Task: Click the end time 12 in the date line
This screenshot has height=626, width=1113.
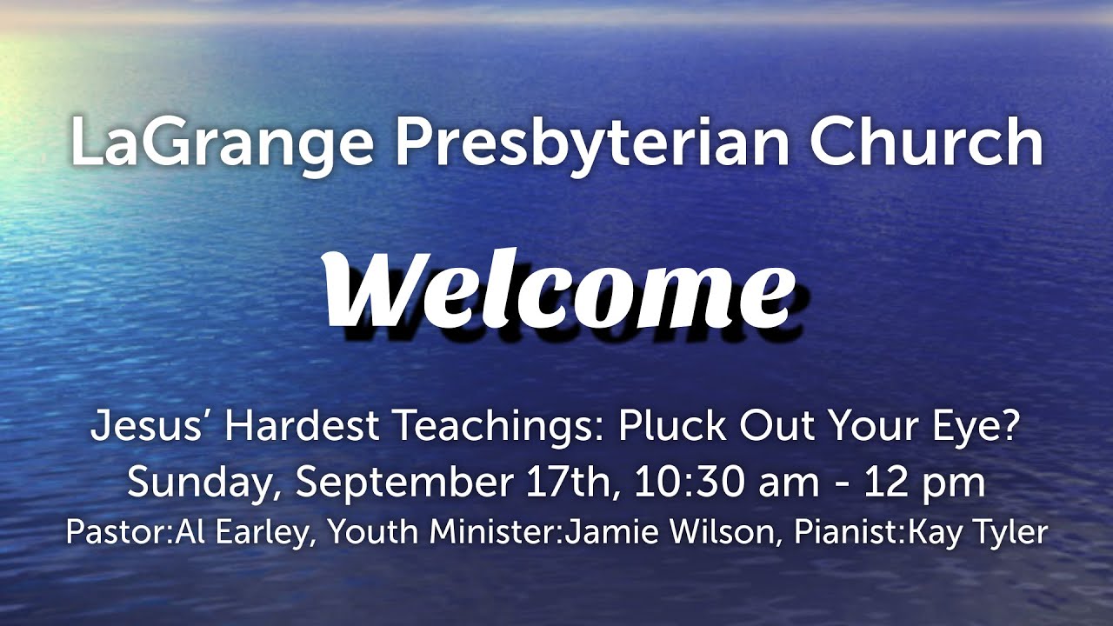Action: (885, 483)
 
